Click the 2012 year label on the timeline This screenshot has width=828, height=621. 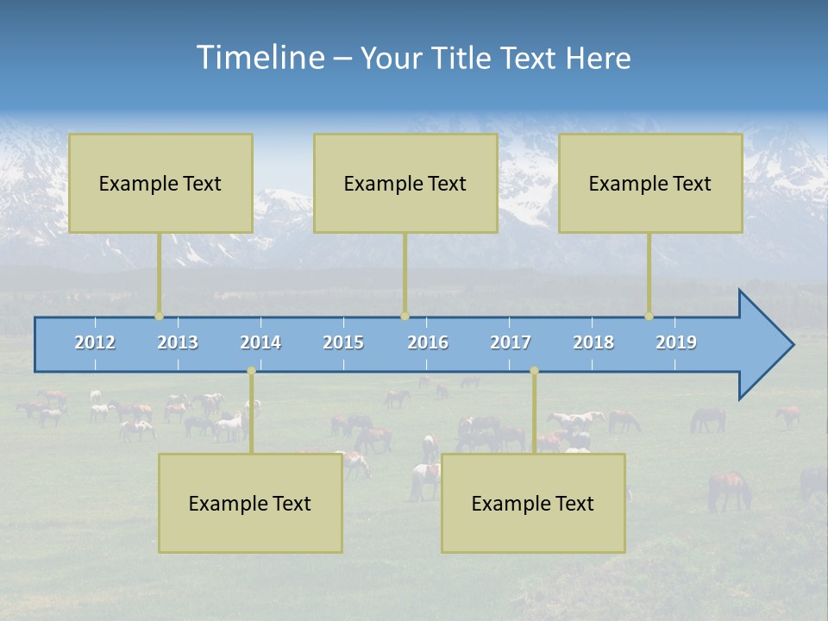(95, 342)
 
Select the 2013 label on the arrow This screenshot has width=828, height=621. (178, 342)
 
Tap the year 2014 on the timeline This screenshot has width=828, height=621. (260, 342)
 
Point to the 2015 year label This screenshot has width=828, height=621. (343, 342)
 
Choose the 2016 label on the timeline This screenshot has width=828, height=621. (428, 342)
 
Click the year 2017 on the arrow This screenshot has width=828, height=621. (511, 342)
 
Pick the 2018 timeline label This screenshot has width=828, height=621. (593, 342)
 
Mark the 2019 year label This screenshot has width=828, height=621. (676, 342)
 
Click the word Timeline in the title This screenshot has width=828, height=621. (259, 58)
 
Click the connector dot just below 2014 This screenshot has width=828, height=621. (251, 371)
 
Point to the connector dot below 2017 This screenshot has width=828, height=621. (534, 371)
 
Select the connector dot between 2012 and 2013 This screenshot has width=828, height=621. (159, 317)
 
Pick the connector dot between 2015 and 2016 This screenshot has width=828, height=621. (405, 317)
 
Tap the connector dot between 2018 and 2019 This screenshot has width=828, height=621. (649, 317)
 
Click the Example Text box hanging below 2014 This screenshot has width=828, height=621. (250, 503)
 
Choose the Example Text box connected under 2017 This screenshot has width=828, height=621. (533, 503)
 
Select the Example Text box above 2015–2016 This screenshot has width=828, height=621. (405, 183)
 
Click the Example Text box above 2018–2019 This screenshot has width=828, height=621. (650, 183)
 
